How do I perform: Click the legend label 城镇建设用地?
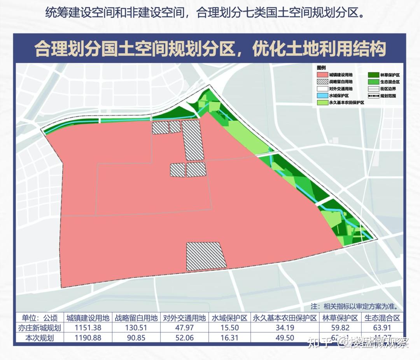pos(341,74)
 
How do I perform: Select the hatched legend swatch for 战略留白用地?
pos(322,82)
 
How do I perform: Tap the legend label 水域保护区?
pos(338,96)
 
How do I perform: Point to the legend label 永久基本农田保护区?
pos(346,103)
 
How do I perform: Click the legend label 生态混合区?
pos(390,82)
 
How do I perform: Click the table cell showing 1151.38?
pos(88,328)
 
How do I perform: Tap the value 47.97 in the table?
pos(184,328)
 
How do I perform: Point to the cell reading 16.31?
pos(229,338)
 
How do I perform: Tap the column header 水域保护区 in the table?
pos(229,318)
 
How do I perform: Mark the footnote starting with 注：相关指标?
pos(357,306)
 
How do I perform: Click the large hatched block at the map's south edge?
pos(206,256)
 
